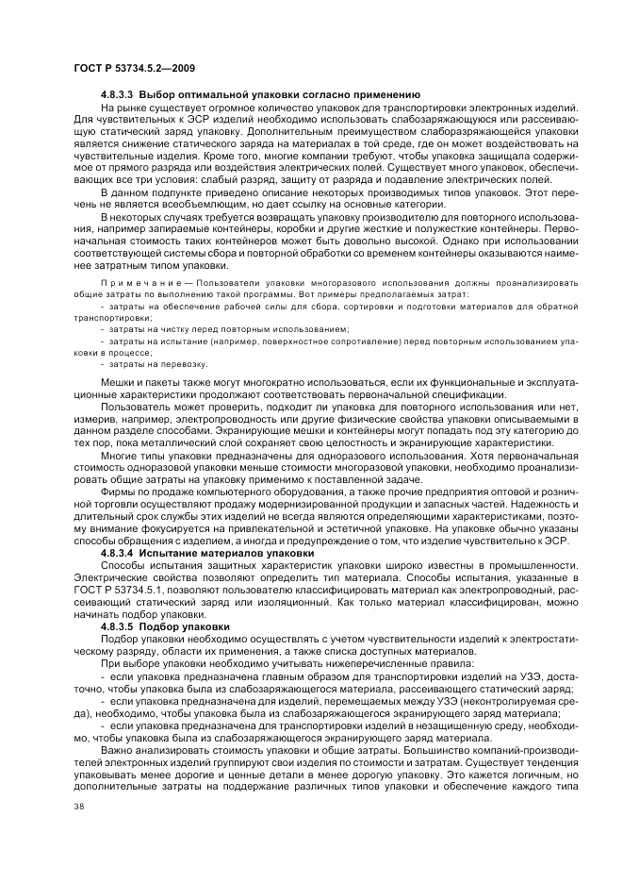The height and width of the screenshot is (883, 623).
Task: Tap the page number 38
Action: pos(78,833)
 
